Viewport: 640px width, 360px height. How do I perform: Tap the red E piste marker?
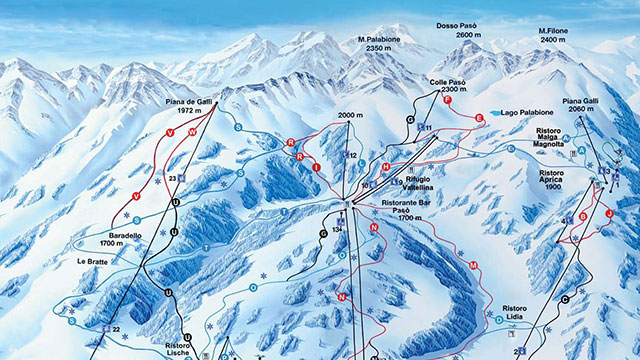479,119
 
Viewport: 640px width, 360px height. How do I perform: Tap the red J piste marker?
608,214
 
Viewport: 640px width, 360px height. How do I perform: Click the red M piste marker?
473,266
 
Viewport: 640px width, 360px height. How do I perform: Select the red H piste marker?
386,166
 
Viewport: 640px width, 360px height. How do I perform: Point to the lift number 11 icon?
425,128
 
